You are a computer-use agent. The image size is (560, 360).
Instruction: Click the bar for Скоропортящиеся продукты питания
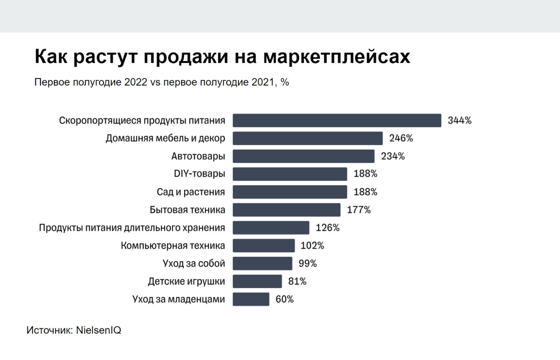click(x=337, y=121)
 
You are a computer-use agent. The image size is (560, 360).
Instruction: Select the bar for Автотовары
click(x=303, y=157)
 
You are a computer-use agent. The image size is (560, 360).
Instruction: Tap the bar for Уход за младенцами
click(x=251, y=299)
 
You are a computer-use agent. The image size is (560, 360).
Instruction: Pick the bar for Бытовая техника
click(x=287, y=210)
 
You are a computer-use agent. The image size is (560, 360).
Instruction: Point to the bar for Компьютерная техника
click(x=264, y=245)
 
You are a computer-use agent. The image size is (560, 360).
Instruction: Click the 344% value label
click(x=460, y=121)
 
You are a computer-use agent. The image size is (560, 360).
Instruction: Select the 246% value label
click(x=401, y=138)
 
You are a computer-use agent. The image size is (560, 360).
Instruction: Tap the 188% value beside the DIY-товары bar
click(x=365, y=174)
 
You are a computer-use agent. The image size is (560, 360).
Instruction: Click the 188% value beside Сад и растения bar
click(x=365, y=192)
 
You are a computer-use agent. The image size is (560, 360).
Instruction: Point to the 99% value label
click(x=308, y=264)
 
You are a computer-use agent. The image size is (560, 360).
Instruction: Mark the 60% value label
click(x=285, y=299)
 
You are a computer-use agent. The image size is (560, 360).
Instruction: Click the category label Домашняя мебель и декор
click(x=166, y=138)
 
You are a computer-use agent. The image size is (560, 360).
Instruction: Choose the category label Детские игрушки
click(x=187, y=282)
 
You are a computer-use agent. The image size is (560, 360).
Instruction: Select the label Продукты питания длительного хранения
click(x=132, y=228)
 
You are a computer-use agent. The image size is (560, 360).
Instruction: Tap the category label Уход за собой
click(x=194, y=264)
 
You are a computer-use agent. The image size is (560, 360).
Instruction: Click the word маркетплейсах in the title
click(x=338, y=57)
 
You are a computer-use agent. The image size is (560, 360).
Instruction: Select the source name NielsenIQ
click(x=98, y=330)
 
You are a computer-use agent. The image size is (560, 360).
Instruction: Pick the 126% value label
click(x=327, y=228)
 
